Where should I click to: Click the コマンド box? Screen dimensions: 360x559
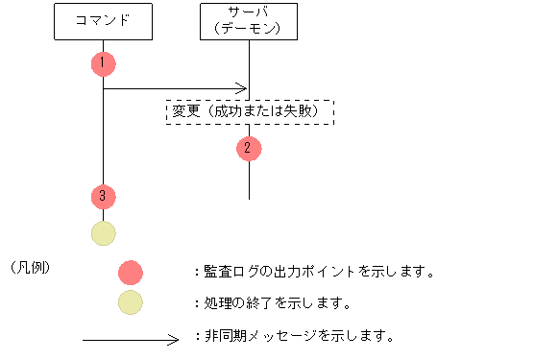[x=103, y=21]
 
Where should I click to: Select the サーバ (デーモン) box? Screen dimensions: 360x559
[x=249, y=21]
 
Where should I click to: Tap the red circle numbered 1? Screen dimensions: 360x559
[x=103, y=63]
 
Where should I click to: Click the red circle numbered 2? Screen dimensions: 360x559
[x=249, y=148]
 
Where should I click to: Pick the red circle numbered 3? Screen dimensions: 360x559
[x=103, y=196]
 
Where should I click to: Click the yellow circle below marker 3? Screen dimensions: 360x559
[x=103, y=233]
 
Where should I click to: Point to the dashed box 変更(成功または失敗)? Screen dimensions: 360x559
[x=249, y=112]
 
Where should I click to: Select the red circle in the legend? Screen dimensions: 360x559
[x=130, y=272]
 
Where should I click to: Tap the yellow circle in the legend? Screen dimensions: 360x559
[x=130, y=302]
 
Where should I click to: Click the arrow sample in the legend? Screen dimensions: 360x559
[x=131, y=338]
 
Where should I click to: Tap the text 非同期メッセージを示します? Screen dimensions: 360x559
[x=298, y=337]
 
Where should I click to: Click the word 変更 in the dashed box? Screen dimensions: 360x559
[x=186, y=112]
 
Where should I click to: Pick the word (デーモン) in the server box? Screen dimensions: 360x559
[x=249, y=29]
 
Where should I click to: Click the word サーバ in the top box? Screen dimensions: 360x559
[x=249, y=12]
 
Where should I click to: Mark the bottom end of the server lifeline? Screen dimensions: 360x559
[x=249, y=198]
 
